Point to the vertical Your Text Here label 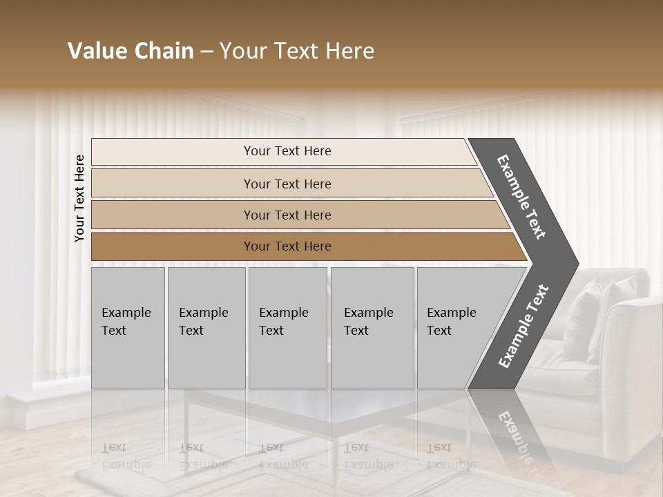click(x=79, y=198)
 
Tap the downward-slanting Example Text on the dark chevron click(x=522, y=197)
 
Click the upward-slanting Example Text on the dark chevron click(x=523, y=326)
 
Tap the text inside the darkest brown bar click(x=287, y=246)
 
